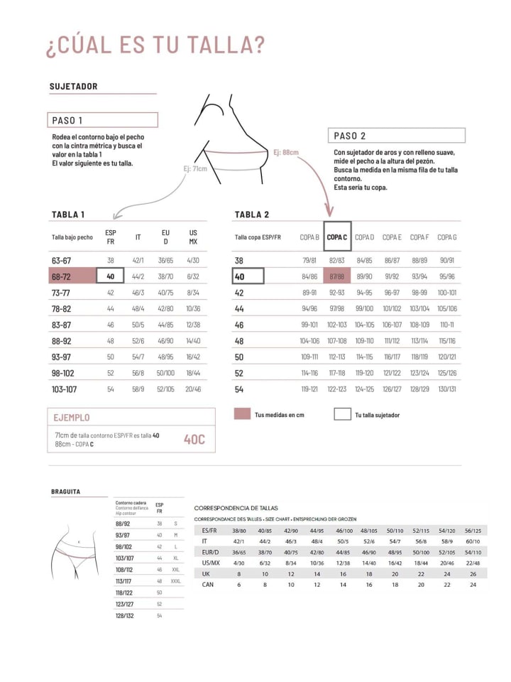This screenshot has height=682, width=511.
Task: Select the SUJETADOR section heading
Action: (x=74, y=87)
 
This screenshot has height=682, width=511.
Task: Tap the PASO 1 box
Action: (x=104, y=120)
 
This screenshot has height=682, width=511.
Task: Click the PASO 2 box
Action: (x=396, y=136)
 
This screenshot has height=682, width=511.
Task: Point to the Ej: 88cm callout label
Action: (x=285, y=152)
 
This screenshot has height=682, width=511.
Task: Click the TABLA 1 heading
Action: (x=68, y=215)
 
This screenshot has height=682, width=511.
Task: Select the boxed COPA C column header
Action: (x=336, y=237)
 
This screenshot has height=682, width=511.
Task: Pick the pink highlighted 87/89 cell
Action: (x=336, y=276)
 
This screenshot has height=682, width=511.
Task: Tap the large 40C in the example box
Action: (x=194, y=439)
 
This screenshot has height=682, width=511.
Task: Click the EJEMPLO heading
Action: (x=72, y=418)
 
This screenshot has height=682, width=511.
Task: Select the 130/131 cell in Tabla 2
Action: (x=447, y=389)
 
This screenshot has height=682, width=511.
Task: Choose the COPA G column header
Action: (x=447, y=237)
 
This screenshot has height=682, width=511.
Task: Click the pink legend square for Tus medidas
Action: (x=242, y=414)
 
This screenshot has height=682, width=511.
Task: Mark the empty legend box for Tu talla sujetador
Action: (x=342, y=414)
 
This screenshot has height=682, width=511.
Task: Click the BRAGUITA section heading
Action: (x=65, y=492)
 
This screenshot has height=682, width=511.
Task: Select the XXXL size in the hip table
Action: (x=175, y=580)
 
